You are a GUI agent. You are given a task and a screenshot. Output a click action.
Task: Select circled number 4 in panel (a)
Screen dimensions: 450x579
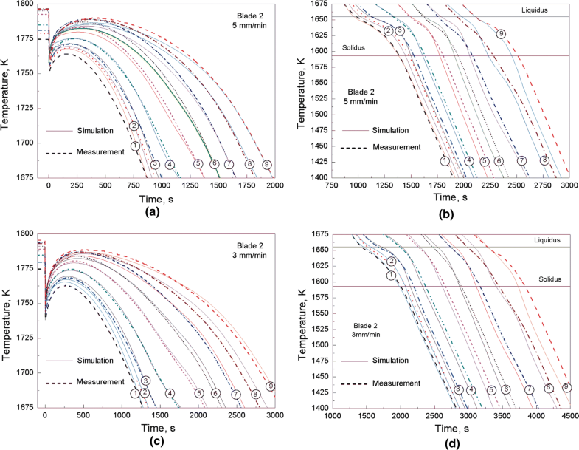click(170, 164)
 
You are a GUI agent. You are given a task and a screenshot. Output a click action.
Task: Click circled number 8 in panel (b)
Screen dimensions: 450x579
click(544, 160)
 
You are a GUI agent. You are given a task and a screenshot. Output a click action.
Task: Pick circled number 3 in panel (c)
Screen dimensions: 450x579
click(146, 381)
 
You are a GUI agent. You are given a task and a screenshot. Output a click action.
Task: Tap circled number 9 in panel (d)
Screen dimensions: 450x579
click(566, 387)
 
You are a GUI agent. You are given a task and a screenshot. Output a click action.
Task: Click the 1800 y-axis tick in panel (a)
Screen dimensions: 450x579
click(24, 4)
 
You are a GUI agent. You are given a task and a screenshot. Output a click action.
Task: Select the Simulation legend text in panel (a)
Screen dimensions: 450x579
click(94, 131)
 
